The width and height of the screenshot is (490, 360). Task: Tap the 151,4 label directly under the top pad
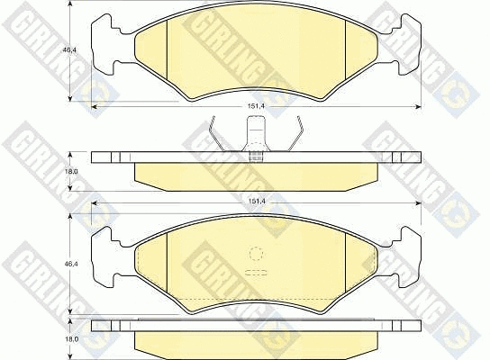coord(256,106)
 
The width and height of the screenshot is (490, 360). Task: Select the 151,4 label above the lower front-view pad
coord(256,202)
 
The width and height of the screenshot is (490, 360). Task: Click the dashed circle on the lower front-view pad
coord(257,254)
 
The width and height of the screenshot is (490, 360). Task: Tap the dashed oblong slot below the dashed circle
coord(256,273)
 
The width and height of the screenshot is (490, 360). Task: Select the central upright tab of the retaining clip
coord(256,133)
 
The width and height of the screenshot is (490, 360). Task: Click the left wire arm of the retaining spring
coord(219,134)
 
